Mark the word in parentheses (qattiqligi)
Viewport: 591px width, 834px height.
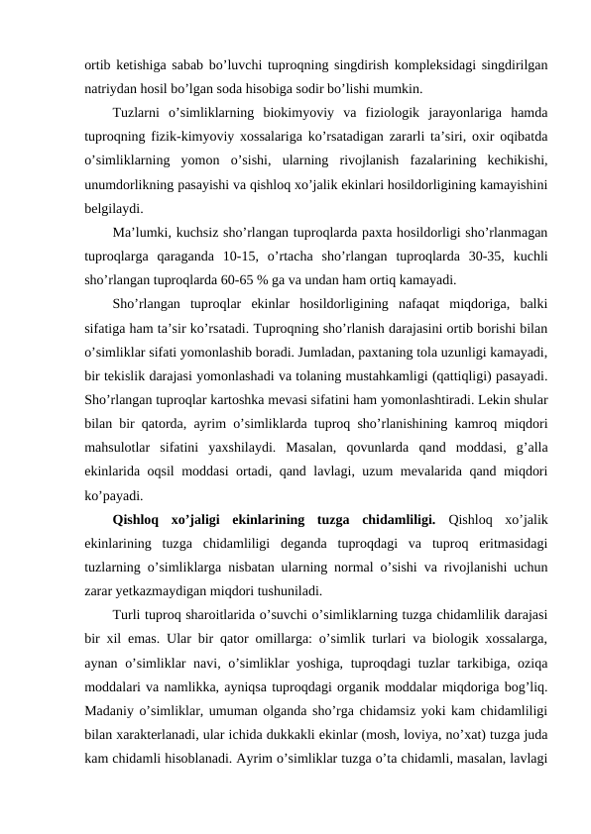(x=472, y=376)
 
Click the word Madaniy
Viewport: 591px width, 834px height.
(x=110, y=688)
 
